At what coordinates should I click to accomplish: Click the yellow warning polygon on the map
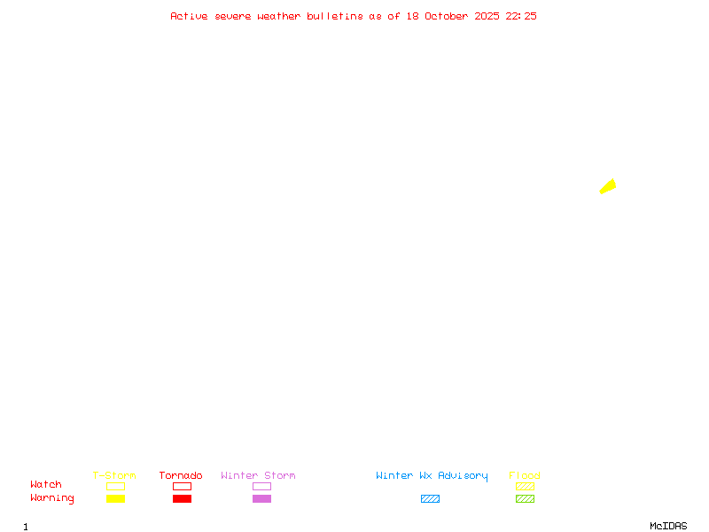point(608,186)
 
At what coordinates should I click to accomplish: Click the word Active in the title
point(189,16)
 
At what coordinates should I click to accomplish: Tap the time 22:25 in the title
point(521,16)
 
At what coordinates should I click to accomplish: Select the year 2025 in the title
point(487,16)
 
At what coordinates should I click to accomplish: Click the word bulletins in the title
point(335,16)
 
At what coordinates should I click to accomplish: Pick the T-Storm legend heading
point(114,476)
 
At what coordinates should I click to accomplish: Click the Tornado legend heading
point(181,476)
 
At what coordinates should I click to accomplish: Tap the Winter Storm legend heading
point(258,476)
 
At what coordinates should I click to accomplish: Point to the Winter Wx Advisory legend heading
point(432,476)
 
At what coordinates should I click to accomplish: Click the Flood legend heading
point(525,476)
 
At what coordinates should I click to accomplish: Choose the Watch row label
point(46,485)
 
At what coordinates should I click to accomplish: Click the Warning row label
point(52,498)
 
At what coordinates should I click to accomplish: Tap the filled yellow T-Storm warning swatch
point(115,499)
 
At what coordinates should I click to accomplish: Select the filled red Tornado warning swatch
point(182,499)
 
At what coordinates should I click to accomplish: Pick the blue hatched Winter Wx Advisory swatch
point(430,499)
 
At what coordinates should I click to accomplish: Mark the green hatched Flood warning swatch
point(525,499)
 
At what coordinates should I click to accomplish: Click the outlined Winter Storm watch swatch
point(261,487)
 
